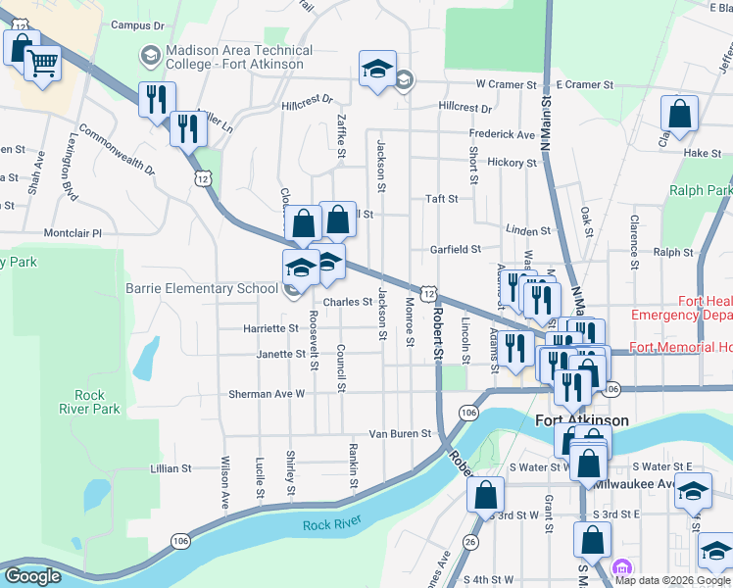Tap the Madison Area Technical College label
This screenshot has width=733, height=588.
click(239, 57)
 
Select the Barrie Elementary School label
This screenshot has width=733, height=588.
click(202, 288)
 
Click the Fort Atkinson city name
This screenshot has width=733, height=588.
click(582, 420)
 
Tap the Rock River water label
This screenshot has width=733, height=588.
click(331, 525)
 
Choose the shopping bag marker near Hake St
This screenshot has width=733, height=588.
click(679, 116)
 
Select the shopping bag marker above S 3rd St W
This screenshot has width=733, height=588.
click(485, 496)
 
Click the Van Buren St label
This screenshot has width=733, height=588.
click(400, 433)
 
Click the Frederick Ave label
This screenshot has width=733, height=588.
click(502, 133)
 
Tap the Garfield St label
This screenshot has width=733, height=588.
click(456, 250)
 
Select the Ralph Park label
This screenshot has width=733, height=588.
click(701, 190)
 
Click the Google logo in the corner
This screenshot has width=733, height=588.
click(32, 576)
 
